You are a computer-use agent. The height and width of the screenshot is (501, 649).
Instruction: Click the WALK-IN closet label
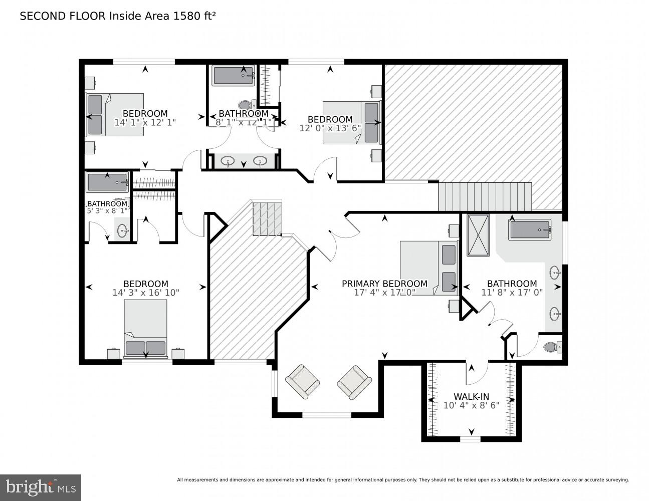pos(471,396)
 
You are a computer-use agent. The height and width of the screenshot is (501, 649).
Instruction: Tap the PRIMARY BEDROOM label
pos(384,284)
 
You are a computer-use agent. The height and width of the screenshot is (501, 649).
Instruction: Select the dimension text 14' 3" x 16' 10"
pos(145,293)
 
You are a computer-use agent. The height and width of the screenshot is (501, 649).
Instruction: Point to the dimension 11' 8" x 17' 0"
pos(512,292)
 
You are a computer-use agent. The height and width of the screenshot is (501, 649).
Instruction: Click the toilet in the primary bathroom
pos(552,347)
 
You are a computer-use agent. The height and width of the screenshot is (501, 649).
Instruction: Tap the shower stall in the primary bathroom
pos(478,235)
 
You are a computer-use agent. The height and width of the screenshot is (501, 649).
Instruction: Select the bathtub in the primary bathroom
pos(530,230)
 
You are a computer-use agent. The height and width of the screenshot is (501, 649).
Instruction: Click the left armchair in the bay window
pos(302,381)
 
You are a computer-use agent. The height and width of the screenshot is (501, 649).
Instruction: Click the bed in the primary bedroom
pos(429,268)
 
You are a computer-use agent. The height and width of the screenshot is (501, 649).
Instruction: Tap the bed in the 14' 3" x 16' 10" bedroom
pos(145,328)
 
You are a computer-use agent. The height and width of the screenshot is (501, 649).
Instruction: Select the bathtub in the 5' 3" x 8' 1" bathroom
pos(107,182)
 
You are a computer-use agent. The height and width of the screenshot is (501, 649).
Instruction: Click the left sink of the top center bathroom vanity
pos(229,161)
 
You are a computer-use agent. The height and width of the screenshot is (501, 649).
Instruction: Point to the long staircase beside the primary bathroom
pos(484,197)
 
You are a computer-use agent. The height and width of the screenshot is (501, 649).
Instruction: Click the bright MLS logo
pos(40,487)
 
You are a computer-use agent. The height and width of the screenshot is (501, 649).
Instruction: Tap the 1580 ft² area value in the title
pos(194,16)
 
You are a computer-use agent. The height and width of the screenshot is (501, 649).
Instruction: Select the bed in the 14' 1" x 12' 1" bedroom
pos(115,114)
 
